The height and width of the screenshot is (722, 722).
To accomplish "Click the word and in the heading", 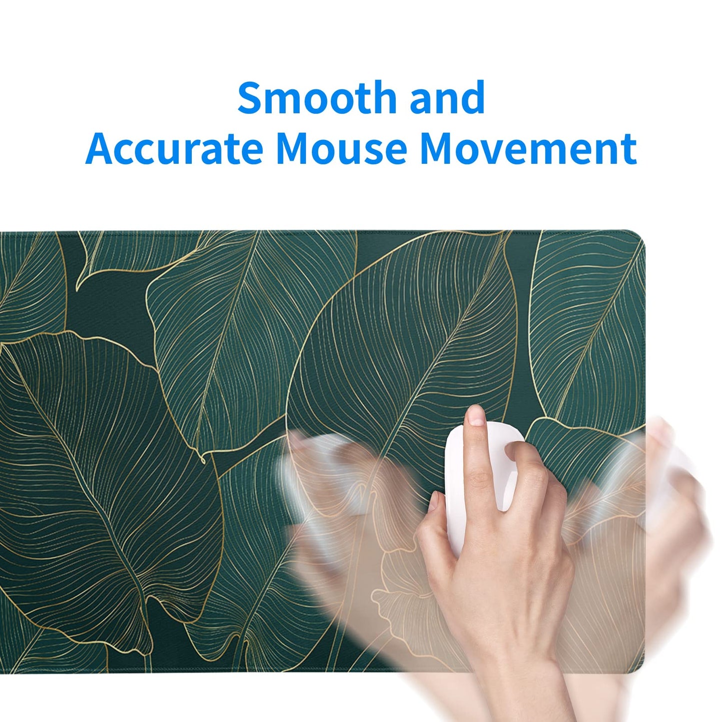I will point(447,97).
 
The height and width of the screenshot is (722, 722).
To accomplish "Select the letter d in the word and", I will point(473,97).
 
